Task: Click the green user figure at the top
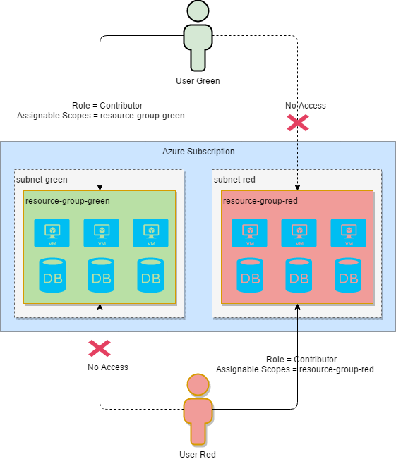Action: click(x=198, y=35)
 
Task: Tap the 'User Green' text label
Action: click(x=198, y=80)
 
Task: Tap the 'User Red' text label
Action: click(x=198, y=454)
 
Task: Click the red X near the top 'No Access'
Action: click(x=297, y=123)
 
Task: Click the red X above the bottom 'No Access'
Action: click(x=99, y=348)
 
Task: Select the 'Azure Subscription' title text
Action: click(x=198, y=152)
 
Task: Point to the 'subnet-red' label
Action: click(x=234, y=180)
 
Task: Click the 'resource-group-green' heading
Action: click(x=68, y=201)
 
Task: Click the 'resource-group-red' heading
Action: click(x=260, y=201)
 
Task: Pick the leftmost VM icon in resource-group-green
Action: click(x=52, y=233)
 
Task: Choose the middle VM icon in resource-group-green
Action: click(x=102, y=233)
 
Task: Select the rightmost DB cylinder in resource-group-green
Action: click(x=151, y=276)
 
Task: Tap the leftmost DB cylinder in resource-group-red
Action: click(x=250, y=276)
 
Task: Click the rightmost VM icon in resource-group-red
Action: click(x=349, y=233)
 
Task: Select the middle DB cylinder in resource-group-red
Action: click(x=299, y=276)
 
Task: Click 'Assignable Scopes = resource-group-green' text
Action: click(x=100, y=116)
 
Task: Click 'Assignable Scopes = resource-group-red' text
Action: click(x=294, y=369)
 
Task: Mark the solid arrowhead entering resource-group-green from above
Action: click(x=100, y=187)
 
